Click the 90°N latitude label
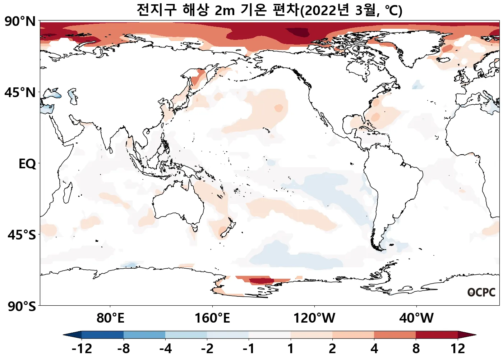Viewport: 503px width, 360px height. pyautogui.click(x=20, y=22)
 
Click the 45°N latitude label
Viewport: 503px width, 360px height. pyautogui.click(x=20, y=93)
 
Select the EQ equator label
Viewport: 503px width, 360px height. pyautogui.click(x=27, y=164)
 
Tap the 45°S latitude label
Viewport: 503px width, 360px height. pyautogui.click(x=22, y=235)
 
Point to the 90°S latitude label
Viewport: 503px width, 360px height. pyautogui.click(x=22, y=306)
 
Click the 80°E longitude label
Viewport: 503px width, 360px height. pyautogui.click(x=110, y=318)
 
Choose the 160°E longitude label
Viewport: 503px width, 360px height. pyautogui.click(x=212, y=318)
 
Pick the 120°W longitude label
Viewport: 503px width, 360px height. pyautogui.click(x=314, y=318)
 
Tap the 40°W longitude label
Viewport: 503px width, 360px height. pyautogui.click(x=416, y=318)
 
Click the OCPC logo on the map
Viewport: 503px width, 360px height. pyautogui.click(x=481, y=292)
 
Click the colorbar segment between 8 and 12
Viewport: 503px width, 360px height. pyautogui.click(x=437, y=335)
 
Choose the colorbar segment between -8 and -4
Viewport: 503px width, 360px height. pyautogui.click(x=144, y=335)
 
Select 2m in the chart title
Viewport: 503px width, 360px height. pyautogui.click(x=225, y=11)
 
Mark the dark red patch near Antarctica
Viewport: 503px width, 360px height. pyautogui.click(x=261, y=281)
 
